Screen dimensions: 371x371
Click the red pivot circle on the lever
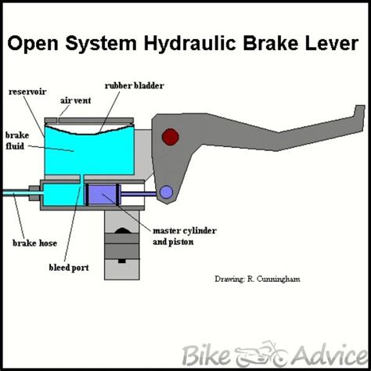(171, 137)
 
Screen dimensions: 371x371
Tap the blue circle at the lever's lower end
(166, 193)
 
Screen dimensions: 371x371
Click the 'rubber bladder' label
(134, 85)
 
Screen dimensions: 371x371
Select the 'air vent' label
(76, 100)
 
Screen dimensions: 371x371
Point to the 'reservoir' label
(27, 92)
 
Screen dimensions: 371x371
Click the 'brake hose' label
(34, 243)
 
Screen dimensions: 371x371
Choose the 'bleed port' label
(69, 268)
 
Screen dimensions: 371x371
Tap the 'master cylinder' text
(185, 231)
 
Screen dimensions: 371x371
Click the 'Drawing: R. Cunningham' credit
(258, 279)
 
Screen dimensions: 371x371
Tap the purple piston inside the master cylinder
(103, 194)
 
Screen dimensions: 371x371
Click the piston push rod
(139, 194)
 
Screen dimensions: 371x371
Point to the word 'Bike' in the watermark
(206, 355)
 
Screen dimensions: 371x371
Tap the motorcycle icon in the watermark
(261, 354)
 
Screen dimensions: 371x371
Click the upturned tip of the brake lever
(360, 109)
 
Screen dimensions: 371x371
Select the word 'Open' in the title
(33, 44)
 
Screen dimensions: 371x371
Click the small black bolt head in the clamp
(122, 261)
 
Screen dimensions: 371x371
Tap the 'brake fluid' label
(17, 141)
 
